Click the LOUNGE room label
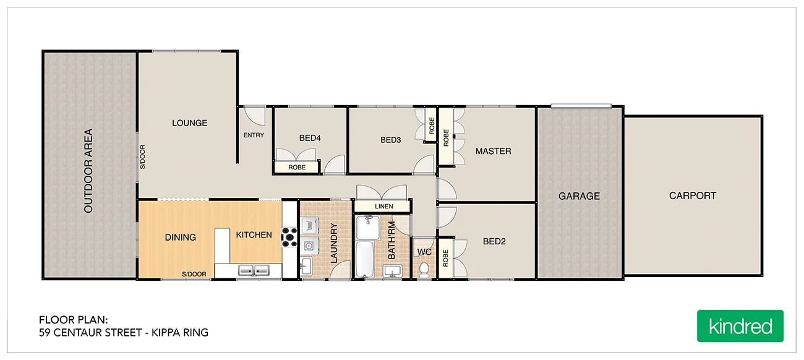[189, 123]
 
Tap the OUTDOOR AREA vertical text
[88, 171]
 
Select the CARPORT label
[692, 195]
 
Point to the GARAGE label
[579, 196]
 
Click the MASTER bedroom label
[493, 151]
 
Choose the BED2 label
[494, 241]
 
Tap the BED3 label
[390, 140]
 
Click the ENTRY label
[254, 135]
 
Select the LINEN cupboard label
[383, 207]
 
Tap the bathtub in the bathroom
[366, 260]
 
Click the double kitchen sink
[254, 270]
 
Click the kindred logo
[740, 326]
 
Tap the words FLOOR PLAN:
[74, 320]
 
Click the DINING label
[181, 237]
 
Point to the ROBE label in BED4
[296, 167]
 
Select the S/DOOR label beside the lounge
[142, 156]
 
